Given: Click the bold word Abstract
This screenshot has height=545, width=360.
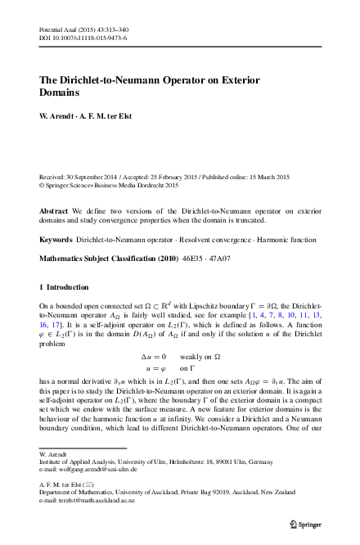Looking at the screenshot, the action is (x=54, y=209).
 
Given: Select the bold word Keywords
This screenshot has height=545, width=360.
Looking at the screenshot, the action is (x=56, y=238).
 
